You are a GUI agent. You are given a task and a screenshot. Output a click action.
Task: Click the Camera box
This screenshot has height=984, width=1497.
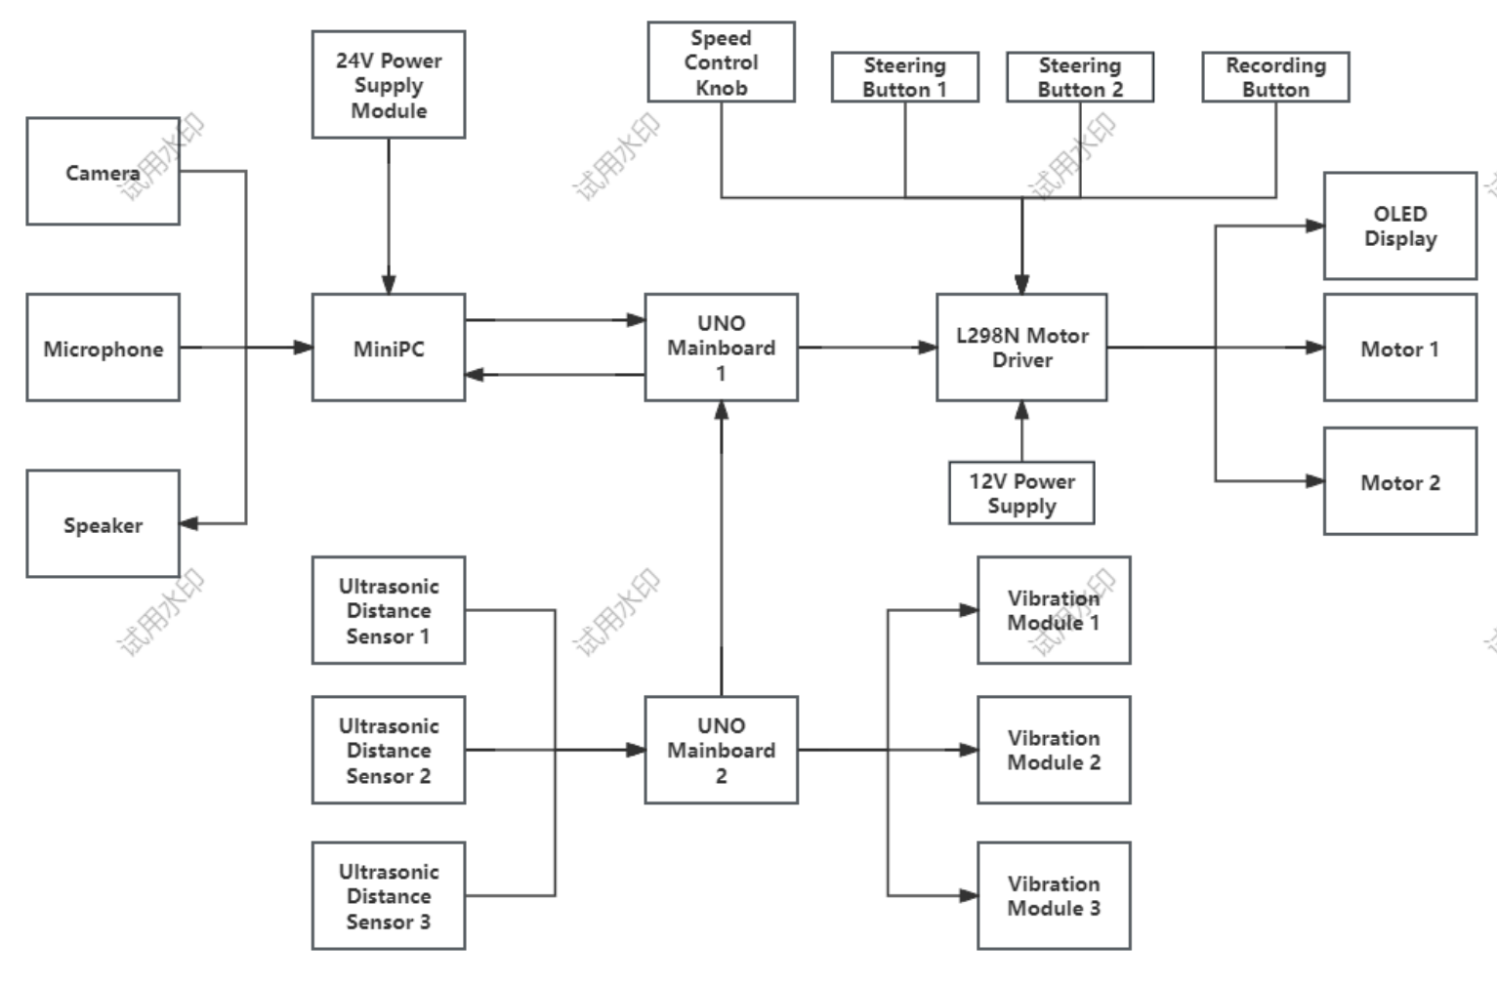tap(103, 172)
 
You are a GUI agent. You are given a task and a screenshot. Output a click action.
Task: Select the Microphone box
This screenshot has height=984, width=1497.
tap(103, 348)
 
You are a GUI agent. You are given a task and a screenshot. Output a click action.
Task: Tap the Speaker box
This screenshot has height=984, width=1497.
tap(103, 524)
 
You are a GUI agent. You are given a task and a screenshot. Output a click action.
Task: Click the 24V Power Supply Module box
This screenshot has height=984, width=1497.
tap(388, 85)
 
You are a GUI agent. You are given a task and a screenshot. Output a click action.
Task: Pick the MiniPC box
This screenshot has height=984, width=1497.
tap(388, 348)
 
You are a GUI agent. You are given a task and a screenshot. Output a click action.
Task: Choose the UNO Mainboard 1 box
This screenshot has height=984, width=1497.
tap(721, 348)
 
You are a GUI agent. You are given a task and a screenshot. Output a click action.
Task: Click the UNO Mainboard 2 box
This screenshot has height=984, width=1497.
tap(721, 750)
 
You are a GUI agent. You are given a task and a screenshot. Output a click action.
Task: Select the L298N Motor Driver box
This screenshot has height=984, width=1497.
tap(1021, 348)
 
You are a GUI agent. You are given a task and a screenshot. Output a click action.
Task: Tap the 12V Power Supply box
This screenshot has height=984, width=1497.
tap(1021, 493)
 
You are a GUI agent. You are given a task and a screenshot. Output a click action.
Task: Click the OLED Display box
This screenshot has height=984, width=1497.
tap(1399, 226)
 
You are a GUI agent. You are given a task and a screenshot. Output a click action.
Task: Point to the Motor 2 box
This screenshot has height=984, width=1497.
tap(1399, 481)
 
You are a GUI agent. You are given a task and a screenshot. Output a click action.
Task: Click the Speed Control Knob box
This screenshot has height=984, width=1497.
tap(721, 62)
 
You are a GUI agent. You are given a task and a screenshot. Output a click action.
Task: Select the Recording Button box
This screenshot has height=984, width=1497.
tap(1275, 77)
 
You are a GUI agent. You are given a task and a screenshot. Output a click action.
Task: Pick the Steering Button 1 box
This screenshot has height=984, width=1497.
tap(904, 77)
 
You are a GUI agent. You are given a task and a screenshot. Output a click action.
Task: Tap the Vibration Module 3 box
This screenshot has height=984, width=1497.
tap(1054, 895)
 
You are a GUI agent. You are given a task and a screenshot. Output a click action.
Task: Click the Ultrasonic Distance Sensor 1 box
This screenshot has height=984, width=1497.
tap(388, 610)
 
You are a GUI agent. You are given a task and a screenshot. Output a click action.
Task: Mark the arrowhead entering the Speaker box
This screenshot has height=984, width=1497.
tap(189, 523)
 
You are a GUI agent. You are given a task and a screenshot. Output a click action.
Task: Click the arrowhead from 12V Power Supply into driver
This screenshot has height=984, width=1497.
tap(1021, 410)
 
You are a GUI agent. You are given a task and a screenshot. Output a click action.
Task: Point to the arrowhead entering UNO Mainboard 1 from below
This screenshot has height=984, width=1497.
tap(722, 410)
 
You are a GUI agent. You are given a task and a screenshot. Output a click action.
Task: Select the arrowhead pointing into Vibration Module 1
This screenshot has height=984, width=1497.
tap(968, 610)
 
